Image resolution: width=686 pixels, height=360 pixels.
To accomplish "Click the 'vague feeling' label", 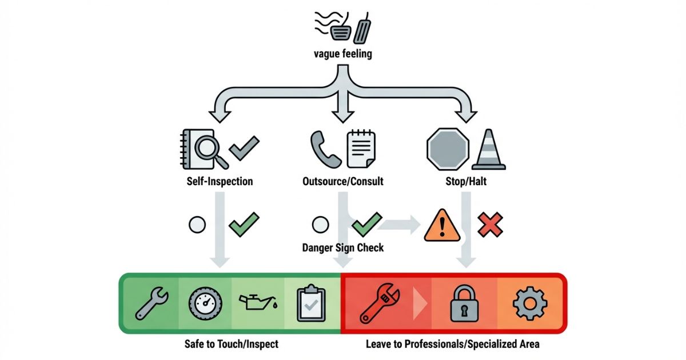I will point(342,55).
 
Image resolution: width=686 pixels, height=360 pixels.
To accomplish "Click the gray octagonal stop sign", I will point(448,149).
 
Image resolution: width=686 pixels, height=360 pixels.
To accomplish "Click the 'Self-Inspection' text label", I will point(220,182).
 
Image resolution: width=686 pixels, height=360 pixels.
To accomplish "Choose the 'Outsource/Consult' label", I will point(342,182).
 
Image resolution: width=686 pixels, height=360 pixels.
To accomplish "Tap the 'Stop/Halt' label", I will point(465,182).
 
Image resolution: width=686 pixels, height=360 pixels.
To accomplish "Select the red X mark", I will point(490,224).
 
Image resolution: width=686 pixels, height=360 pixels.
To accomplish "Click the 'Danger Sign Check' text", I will point(342,248).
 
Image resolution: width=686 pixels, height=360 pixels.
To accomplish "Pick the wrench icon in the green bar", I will point(151,303).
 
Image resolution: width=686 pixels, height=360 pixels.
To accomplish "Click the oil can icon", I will point(257,302).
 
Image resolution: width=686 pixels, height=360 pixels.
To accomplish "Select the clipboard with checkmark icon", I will point(310,303).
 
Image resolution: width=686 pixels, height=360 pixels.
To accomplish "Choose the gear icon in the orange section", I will point(530,303).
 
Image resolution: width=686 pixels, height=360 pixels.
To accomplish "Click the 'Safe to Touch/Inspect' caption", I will point(232,345).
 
